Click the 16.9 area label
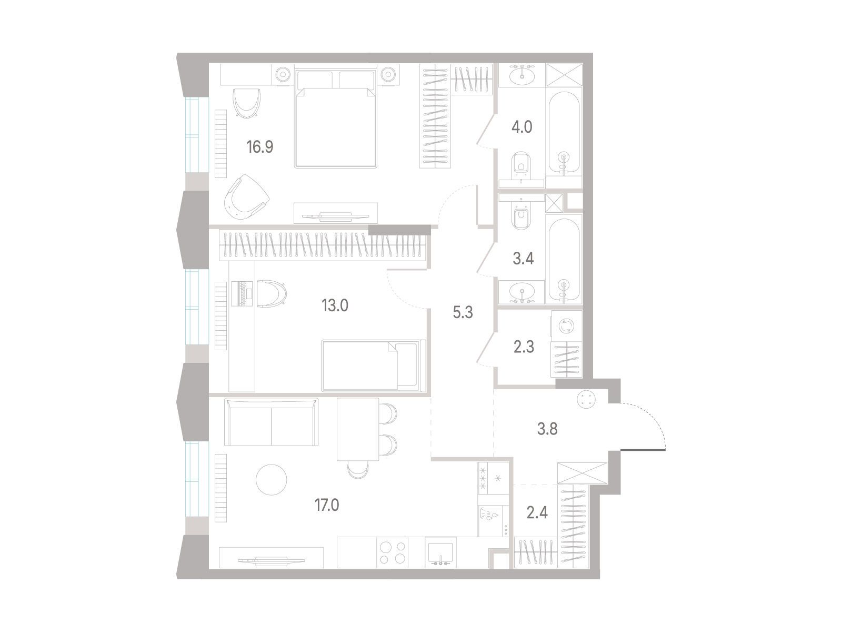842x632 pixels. pos(259,146)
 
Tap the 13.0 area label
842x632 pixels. pos(335,305)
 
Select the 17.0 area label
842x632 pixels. pos(327,505)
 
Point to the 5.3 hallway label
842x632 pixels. pos(463,312)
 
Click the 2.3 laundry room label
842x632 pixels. pos(524,347)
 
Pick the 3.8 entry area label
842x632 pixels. pos(547,429)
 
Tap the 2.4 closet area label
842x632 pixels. pos(537,512)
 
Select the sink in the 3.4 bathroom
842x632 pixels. pos(522,292)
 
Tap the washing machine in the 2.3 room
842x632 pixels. pos(567,326)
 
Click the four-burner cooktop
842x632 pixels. pos(392,552)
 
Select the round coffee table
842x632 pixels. pos(271,480)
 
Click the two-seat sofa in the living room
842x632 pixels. pos(271,422)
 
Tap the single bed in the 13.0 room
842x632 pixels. pos(374,366)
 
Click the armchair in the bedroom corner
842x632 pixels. pos(246,197)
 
